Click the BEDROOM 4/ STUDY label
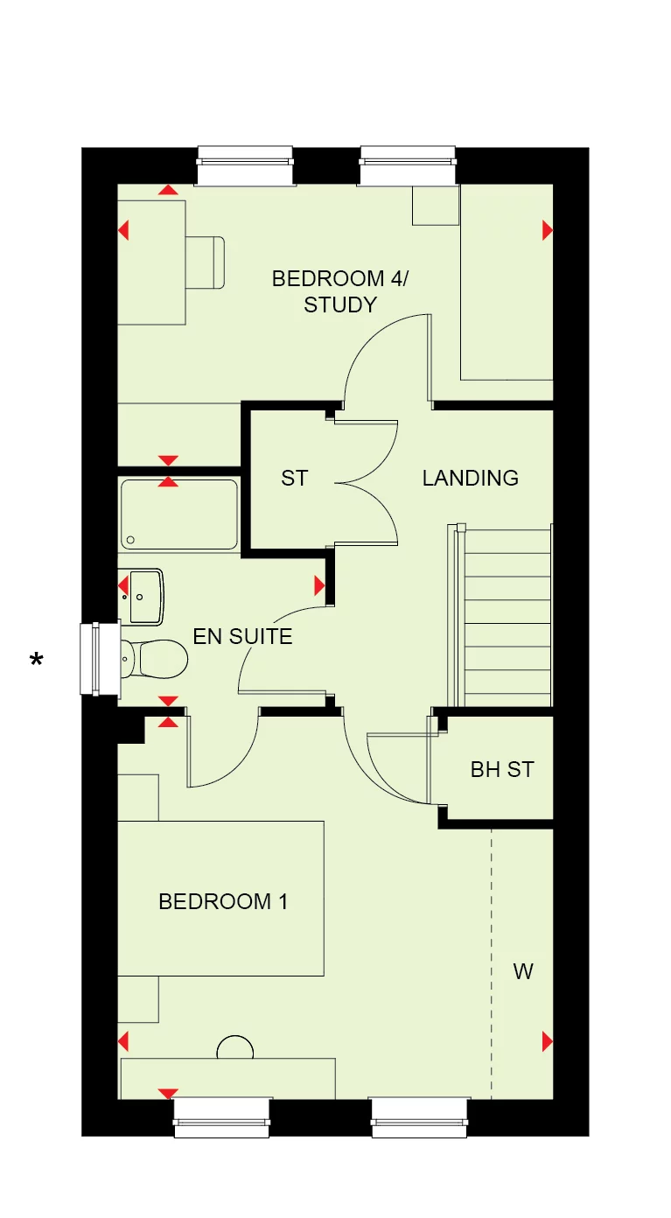click(339, 291)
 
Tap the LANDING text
click(470, 478)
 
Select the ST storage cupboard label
click(295, 478)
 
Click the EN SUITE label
click(242, 636)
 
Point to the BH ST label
click(501, 770)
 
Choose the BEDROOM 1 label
click(222, 901)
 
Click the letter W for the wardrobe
click(523, 970)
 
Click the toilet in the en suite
click(154, 657)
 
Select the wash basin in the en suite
click(144, 596)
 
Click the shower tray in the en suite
click(178, 514)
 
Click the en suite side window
click(99, 659)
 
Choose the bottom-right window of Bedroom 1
click(420, 1117)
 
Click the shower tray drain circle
click(130, 541)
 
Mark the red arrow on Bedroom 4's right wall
click(548, 230)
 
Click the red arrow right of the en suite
click(320, 584)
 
